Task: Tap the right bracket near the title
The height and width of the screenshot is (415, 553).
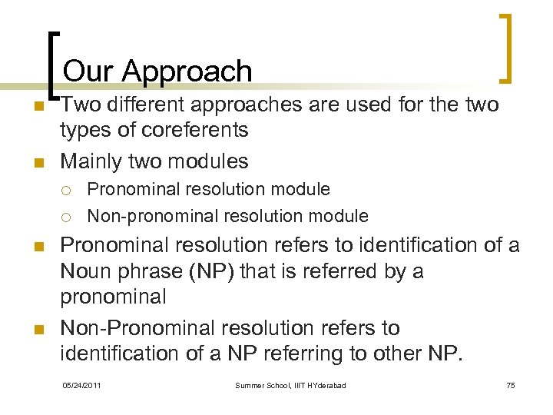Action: coord(506,48)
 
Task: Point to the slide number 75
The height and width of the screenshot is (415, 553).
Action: coord(510,385)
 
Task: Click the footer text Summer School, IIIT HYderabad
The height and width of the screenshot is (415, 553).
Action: coord(290,385)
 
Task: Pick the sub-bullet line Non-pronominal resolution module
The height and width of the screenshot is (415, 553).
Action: coord(227,216)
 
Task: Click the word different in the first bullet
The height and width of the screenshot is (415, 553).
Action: coord(155,104)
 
